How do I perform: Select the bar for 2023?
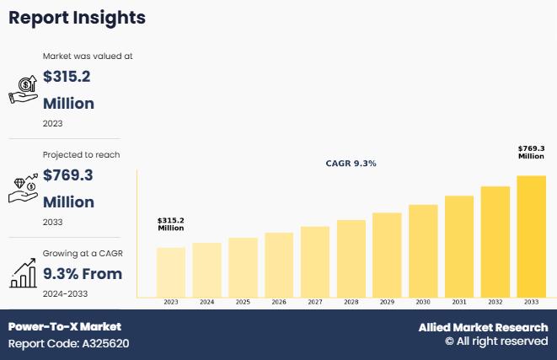coord(171,271)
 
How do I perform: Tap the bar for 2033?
coord(531,236)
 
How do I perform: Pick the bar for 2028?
coord(351,258)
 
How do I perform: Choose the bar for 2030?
coord(423,250)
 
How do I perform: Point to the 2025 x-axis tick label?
coord(243,302)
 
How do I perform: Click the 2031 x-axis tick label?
coord(459,302)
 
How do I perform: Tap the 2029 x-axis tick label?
coord(387,302)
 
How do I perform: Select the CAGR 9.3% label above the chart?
coord(351,163)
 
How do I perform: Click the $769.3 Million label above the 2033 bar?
coord(531,152)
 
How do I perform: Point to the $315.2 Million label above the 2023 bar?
coord(171,224)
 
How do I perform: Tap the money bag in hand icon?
coord(23,88)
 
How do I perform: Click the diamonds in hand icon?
coord(23,189)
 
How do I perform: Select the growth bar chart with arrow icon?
coord(23,272)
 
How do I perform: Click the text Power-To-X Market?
coord(65,326)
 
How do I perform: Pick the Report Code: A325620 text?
coord(69,343)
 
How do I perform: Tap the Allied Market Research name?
coord(483,327)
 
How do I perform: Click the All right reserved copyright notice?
coord(496,341)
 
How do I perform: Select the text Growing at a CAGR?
coord(81,253)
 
